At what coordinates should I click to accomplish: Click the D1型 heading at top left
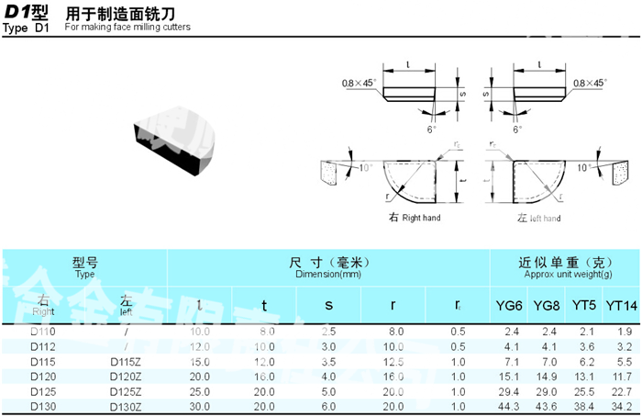(28, 14)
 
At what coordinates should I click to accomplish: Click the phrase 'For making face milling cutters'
(128, 28)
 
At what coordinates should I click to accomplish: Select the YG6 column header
(510, 305)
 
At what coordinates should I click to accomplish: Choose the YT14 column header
(621, 305)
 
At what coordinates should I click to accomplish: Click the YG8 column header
(547, 305)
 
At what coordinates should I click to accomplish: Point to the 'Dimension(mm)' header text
(327, 275)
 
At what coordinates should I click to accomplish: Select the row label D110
(43, 331)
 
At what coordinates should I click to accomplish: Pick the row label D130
(43, 406)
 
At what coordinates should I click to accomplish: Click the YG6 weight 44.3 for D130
(512, 406)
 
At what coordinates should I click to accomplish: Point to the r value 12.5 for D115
(393, 361)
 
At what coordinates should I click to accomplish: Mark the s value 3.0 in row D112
(328, 346)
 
